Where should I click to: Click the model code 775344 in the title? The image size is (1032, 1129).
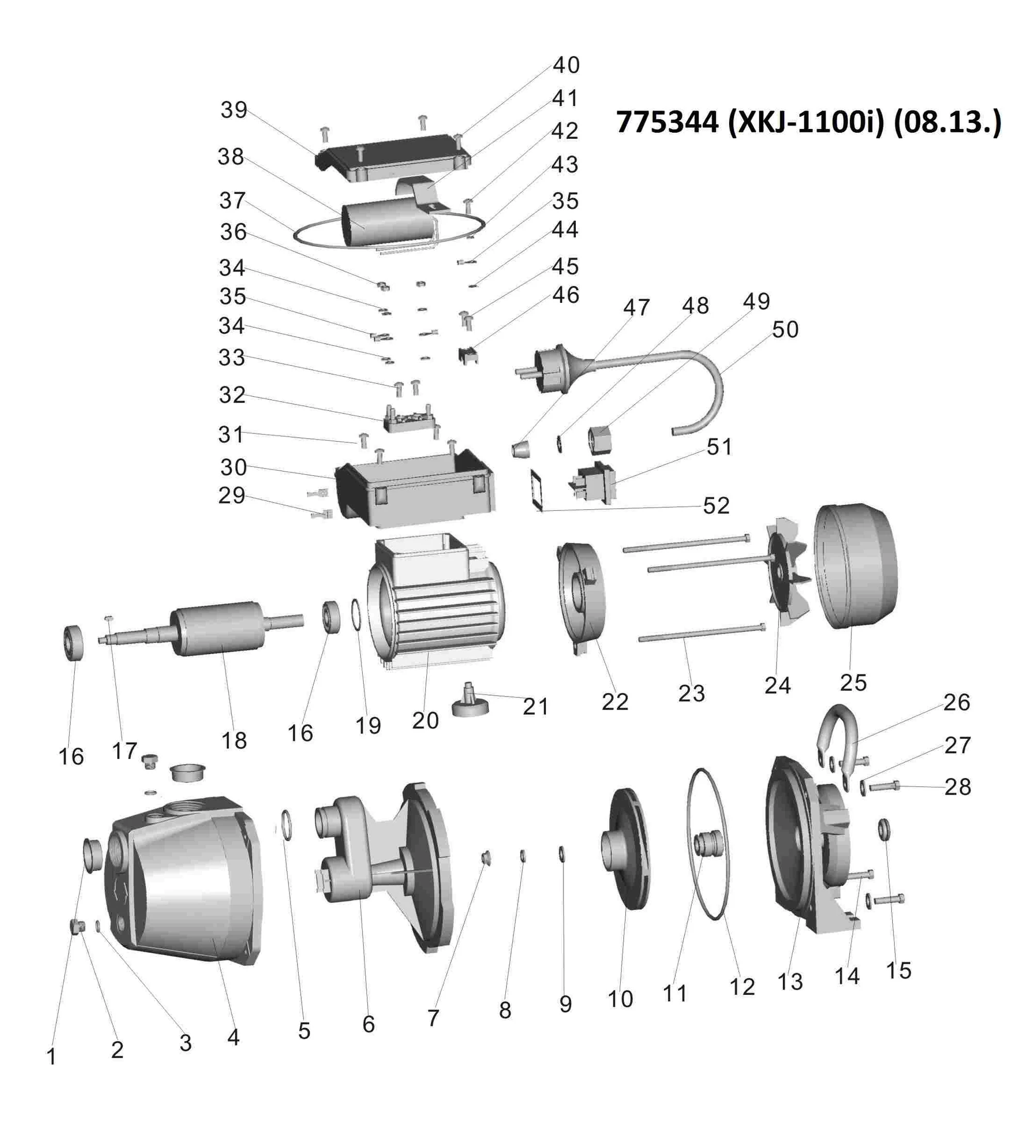[667, 122]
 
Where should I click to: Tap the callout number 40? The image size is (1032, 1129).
[566, 65]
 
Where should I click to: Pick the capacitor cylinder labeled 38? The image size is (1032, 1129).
[386, 224]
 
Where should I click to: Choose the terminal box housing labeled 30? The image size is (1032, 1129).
[414, 493]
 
